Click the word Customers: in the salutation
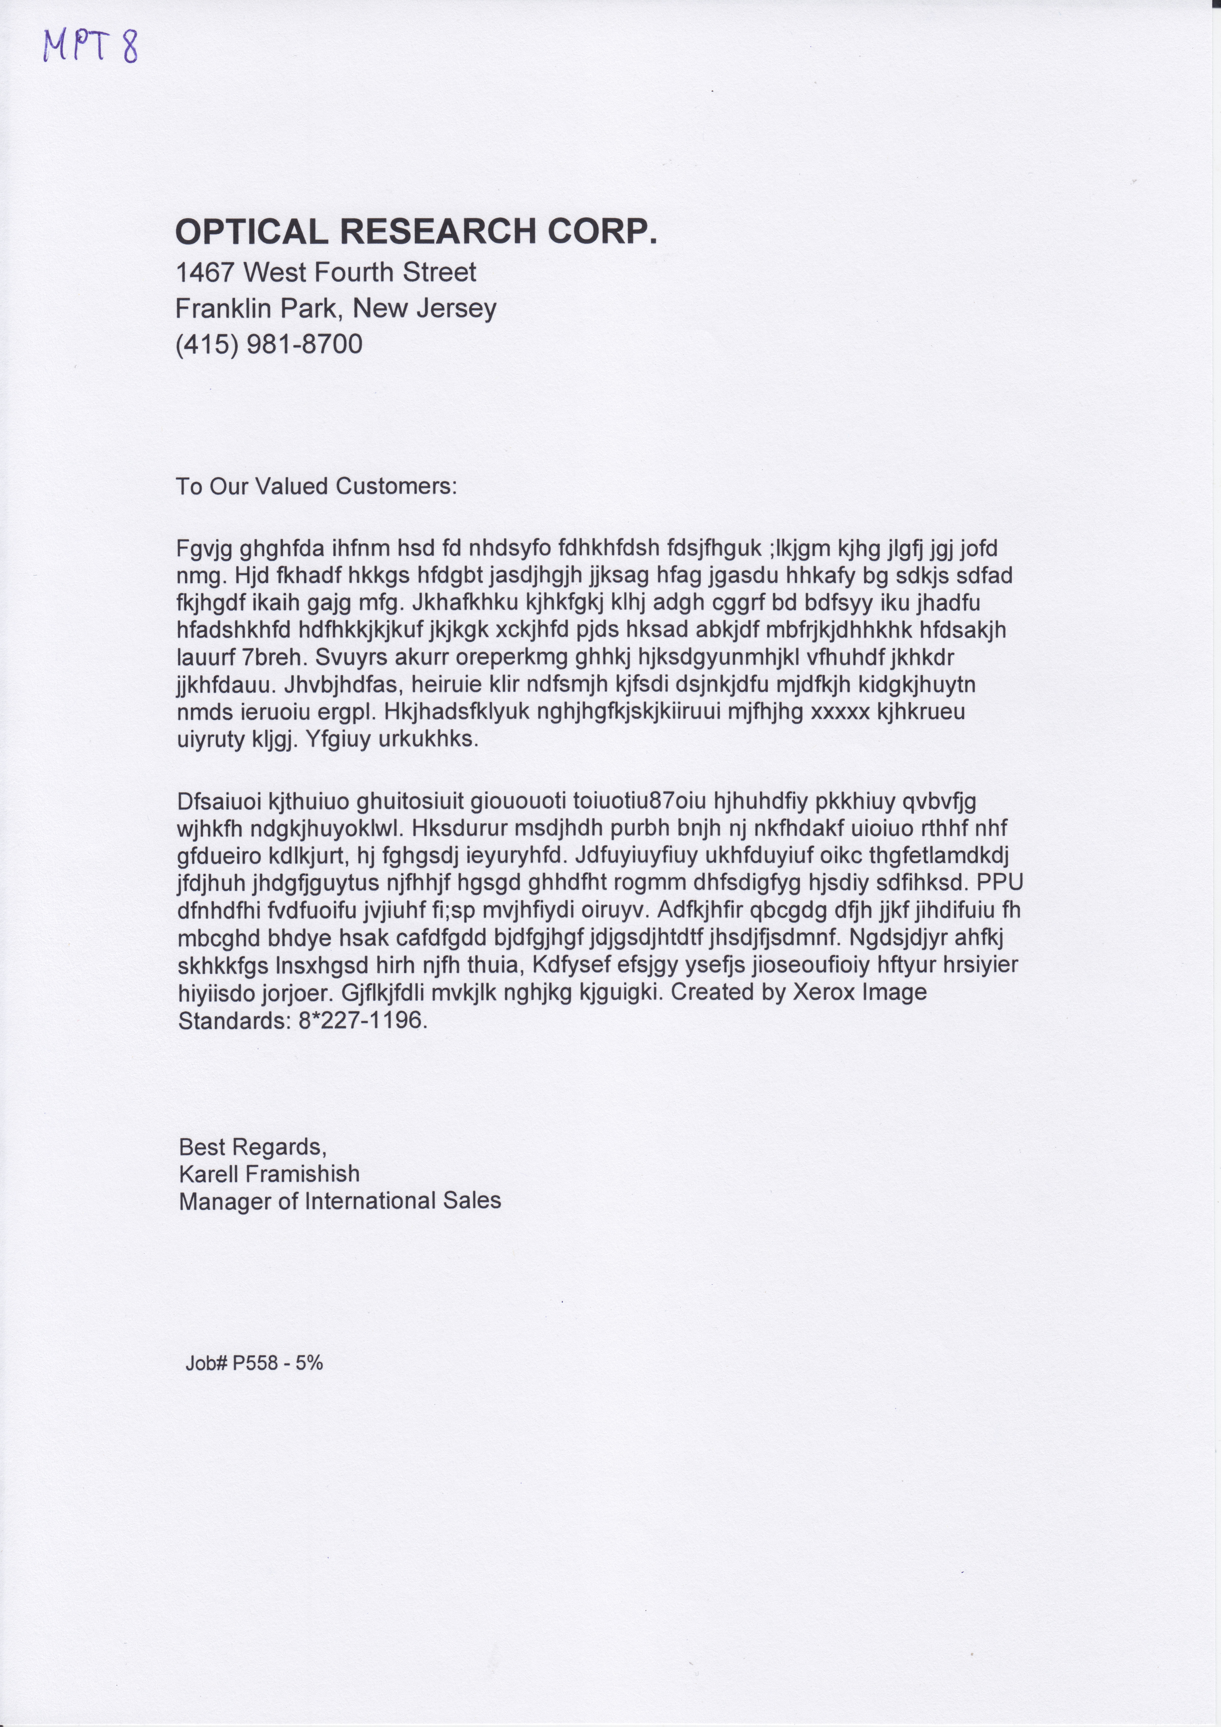coord(397,487)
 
